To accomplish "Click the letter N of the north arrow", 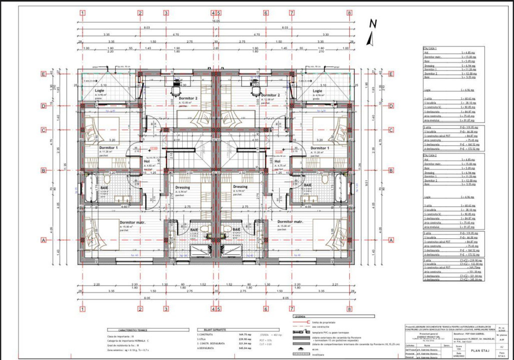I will pyautogui.click(x=372, y=23).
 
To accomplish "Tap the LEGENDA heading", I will pyautogui.click(x=300, y=316).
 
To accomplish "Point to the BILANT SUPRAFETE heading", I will pyautogui.click(x=215, y=330).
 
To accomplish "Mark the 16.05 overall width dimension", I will pyautogui.click(x=215, y=21).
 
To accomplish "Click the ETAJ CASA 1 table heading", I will pyautogui.click(x=431, y=48).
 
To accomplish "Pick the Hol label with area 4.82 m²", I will pyautogui.click(x=147, y=161).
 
